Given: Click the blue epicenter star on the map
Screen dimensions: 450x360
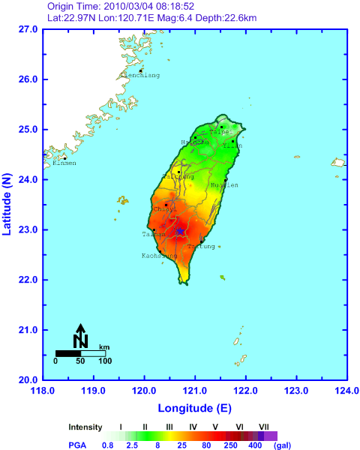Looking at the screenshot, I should click(180, 231).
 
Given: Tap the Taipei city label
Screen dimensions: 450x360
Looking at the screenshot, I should click(220, 132).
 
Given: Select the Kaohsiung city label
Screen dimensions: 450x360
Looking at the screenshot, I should click(160, 256).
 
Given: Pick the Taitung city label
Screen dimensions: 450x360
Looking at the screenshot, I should click(201, 246).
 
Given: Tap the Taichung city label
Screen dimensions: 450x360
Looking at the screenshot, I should click(178, 176).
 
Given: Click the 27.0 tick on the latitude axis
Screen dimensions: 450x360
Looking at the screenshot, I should click(28, 29).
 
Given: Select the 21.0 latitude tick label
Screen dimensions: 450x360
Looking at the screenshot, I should click(28, 330).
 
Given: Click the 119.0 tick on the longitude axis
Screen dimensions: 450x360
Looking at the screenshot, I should click(94, 391).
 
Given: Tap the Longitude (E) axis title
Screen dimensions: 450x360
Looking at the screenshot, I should click(195, 408).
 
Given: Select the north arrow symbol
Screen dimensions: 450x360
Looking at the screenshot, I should click(81, 335).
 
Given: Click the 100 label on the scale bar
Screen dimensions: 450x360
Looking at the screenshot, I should click(104, 361).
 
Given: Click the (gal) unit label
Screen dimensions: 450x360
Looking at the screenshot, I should click(282, 445).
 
